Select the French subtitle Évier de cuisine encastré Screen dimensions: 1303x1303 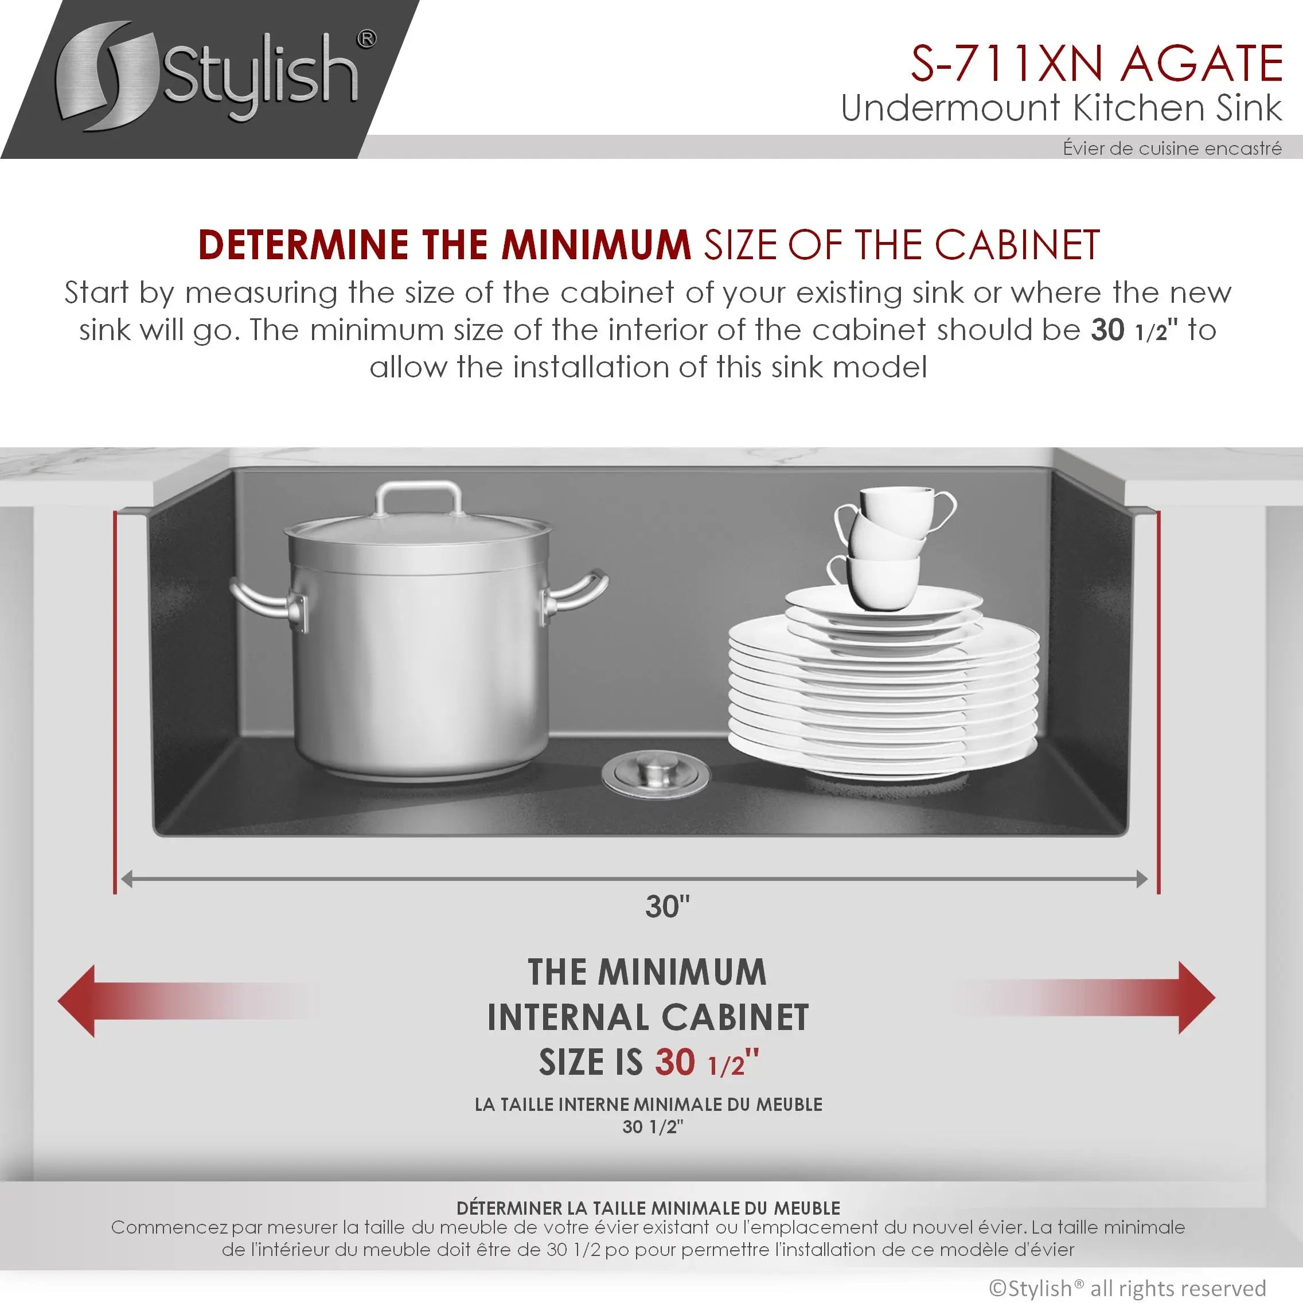[x=1172, y=148]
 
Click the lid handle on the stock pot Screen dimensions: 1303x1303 [x=419, y=498]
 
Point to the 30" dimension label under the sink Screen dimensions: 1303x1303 [x=667, y=907]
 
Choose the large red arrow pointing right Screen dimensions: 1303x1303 [x=1086, y=997]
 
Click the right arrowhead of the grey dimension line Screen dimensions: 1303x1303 [x=1142, y=879]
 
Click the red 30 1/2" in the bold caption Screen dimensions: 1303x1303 [x=707, y=1062]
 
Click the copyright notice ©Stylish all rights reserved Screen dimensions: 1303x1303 [x=1128, y=1288]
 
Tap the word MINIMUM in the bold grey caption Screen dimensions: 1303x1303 [x=682, y=972]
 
